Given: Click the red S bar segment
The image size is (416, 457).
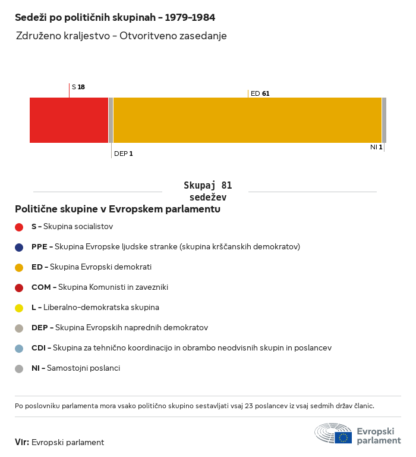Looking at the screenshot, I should pos(69,120).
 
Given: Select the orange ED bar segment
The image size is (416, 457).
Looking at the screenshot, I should pos(247,120).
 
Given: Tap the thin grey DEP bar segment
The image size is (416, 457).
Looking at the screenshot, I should pos(111,120).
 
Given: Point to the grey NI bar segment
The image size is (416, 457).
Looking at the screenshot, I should pos(384,120).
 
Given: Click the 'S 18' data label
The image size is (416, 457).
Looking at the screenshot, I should pos(78,87).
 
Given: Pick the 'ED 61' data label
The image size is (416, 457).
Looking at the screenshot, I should pos(260,93).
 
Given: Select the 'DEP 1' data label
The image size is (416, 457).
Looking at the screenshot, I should pos(123,154).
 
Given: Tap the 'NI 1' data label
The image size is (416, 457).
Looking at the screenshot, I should pos(376,147).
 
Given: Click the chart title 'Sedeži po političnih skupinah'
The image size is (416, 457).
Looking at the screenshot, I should pos(115,17).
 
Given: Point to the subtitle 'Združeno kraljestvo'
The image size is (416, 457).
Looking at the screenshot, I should pos(121,36).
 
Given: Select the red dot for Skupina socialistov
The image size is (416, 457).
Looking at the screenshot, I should pos(19,227).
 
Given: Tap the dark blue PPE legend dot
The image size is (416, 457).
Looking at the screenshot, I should pos(19,247).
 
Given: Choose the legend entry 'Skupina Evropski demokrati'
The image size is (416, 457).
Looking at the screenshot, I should pos(92,267).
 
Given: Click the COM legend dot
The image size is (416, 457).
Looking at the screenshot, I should pos(19,287).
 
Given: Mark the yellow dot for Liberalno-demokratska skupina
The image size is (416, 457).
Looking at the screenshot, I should pos(19,308).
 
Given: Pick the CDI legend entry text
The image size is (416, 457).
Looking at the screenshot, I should pos(181,348).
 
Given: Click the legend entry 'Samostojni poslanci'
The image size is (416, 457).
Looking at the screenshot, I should pos(75,368).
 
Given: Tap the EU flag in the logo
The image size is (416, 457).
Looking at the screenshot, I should pos(343,437).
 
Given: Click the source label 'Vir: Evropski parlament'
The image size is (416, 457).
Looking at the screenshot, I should pos(59,442).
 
